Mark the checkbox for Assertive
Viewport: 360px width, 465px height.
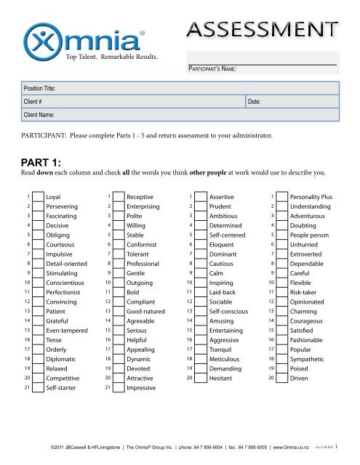[x=199, y=197]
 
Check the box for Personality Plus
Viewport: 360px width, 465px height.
[x=280, y=197]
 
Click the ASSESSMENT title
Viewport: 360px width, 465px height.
[x=262, y=30]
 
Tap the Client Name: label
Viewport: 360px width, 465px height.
[x=40, y=116]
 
